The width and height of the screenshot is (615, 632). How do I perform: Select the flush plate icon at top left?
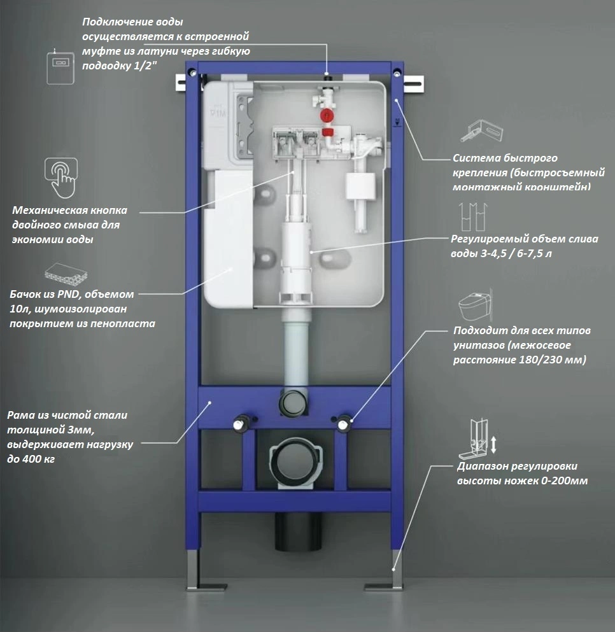pyautogui.click(x=60, y=64)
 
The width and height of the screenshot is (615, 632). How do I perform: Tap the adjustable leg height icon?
pyautogui.click(x=481, y=436)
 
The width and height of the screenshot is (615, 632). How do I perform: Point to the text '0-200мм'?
pyautogui.click(x=563, y=481)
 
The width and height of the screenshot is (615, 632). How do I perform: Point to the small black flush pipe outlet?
pyautogui.click(x=293, y=402)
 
